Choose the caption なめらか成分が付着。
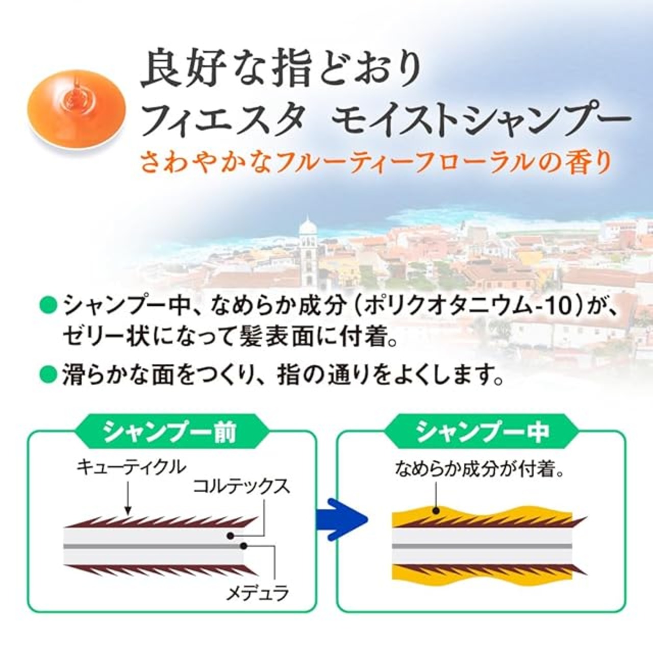tap(479, 471)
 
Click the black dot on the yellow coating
tap(437, 519)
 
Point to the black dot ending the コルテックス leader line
tap(231, 536)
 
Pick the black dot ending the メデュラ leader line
tap(243, 546)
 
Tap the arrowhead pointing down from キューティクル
tap(128, 519)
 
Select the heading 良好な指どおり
tap(281, 71)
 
